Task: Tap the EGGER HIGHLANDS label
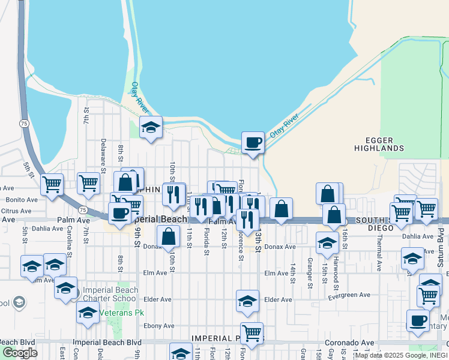(x=378, y=143)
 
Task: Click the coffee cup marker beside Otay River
(x=253, y=143)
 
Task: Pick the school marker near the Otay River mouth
(x=151, y=127)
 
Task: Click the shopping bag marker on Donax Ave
(x=169, y=237)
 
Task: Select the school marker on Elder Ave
(x=247, y=302)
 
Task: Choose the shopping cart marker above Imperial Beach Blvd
(x=252, y=333)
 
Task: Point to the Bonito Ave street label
(x=22, y=199)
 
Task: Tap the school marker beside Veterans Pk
(x=88, y=313)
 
